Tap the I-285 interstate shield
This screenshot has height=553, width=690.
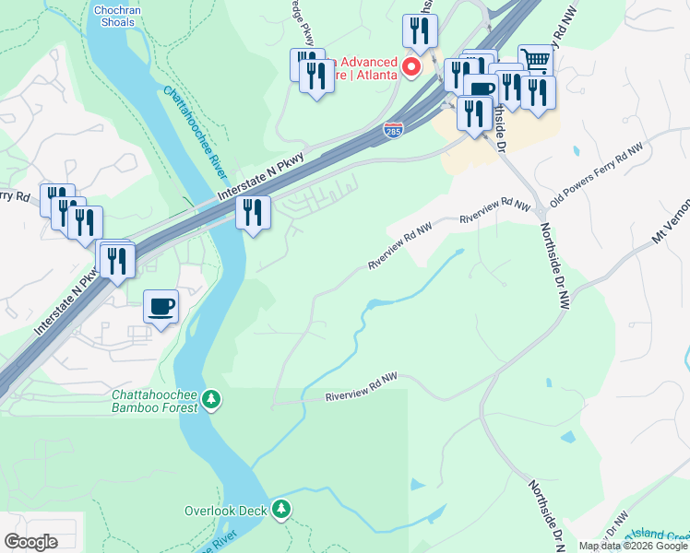click(393, 132)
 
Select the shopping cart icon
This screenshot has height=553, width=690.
click(535, 60)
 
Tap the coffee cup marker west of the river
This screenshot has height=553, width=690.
click(161, 306)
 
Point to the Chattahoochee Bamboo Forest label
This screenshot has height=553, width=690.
click(154, 399)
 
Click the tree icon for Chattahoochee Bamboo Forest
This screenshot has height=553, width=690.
click(213, 399)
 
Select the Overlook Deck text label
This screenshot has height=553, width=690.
click(225, 510)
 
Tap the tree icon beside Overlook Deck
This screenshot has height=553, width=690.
click(281, 509)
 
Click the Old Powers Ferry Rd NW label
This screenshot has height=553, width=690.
click(596, 175)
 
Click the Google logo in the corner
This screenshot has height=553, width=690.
click(30, 541)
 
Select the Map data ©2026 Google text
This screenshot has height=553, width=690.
click(633, 546)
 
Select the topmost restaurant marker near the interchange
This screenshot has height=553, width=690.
click(420, 30)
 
